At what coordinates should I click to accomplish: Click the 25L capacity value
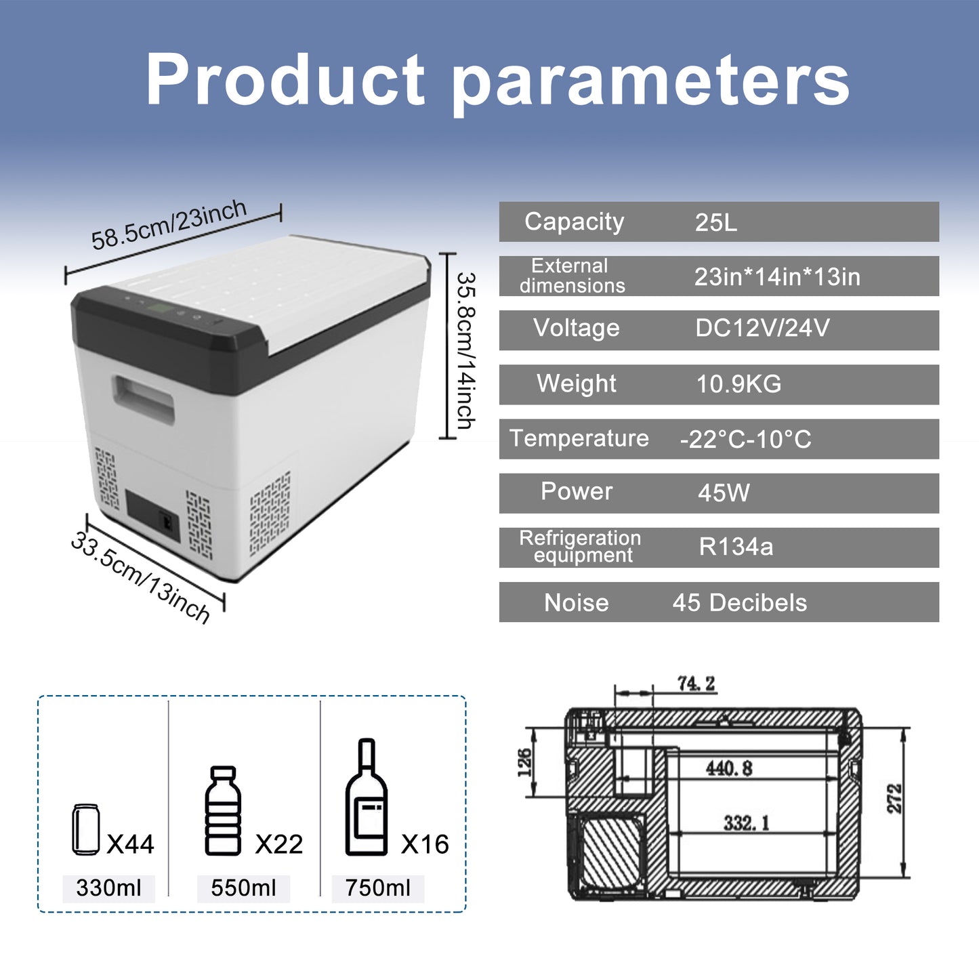715,222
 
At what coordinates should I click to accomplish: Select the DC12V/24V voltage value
762,329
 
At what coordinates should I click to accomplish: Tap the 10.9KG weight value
738,384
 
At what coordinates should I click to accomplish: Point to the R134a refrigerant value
736,547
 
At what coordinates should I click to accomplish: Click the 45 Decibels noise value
739,603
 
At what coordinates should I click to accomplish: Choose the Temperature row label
579,438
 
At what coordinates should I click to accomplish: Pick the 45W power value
724,493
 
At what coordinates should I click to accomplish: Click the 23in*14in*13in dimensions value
777,277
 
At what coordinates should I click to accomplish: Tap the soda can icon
86,829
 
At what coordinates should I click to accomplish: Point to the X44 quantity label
131,844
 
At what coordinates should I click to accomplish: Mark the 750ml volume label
378,888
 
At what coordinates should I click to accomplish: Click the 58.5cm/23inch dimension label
169,225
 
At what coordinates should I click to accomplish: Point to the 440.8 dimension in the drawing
729,768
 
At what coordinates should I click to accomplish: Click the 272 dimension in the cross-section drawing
895,799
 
